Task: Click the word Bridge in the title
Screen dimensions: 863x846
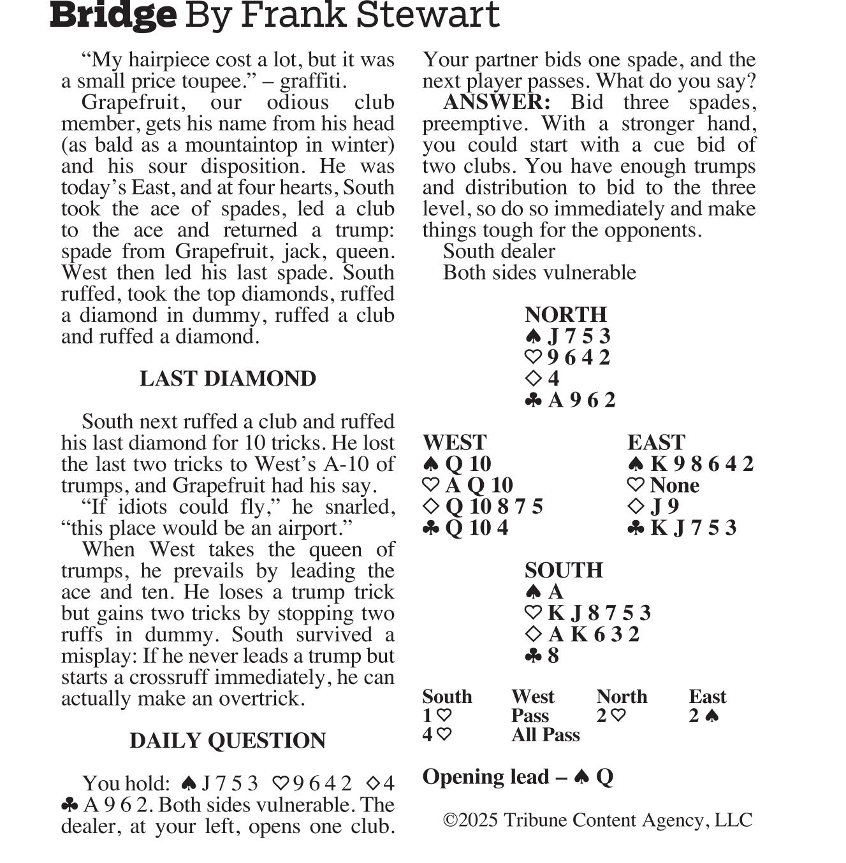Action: pos(113,15)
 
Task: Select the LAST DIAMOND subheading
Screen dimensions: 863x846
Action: pos(228,379)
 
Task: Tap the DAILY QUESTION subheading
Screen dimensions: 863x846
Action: pos(228,741)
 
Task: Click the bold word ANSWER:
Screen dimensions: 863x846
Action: pos(497,102)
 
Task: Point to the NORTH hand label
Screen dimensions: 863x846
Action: pos(565,314)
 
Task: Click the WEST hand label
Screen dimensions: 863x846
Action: pos(454,442)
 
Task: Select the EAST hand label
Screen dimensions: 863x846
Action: pos(656,442)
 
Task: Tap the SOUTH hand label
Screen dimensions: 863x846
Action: pos(564,570)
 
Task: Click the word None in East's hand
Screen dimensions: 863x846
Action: pos(675,485)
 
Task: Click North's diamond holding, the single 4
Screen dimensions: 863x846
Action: pos(543,379)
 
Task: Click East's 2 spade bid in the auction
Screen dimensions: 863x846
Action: pos(704,716)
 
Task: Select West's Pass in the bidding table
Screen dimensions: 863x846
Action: pos(530,716)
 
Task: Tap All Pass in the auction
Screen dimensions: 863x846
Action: pos(545,735)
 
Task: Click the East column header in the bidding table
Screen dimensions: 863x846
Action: pos(707,697)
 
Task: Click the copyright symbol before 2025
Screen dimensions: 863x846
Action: pos(450,820)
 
